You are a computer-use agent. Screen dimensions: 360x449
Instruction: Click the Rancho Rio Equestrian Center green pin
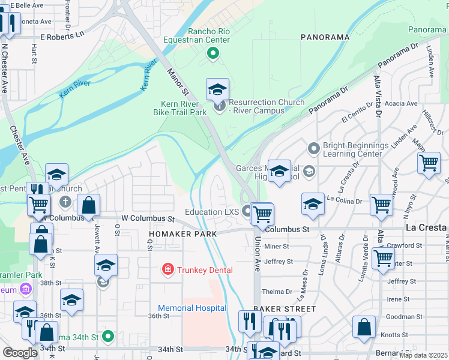pyautogui.click(x=212, y=53)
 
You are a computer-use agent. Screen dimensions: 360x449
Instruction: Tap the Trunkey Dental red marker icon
pyautogui.click(x=169, y=270)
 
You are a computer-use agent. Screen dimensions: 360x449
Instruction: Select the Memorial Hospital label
pyautogui.click(x=192, y=308)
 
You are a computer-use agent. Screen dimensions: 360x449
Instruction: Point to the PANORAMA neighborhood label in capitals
pyautogui.click(x=325, y=37)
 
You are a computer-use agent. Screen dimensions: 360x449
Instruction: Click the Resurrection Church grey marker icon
pyautogui.click(x=218, y=107)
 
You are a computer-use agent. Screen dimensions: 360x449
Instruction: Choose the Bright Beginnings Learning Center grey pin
pyautogui.click(x=313, y=148)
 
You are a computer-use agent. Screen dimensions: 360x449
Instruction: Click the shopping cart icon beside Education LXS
pyautogui.click(x=262, y=214)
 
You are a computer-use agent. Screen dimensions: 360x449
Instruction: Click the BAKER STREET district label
pyautogui.click(x=284, y=309)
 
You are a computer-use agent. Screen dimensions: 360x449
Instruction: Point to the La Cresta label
pyautogui.click(x=426, y=228)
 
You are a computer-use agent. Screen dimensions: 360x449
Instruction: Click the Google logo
pyautogui.click(x=20, y=352)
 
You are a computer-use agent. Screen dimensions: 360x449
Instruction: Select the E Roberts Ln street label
pyautogui.click(x=61, y=35)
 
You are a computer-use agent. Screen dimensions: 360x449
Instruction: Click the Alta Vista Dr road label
pyautogui.click(x=378, y=96)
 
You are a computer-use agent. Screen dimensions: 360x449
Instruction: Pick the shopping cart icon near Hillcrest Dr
pyautogui.click(x=429, y=163)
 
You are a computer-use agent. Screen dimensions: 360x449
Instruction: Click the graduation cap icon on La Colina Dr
pyautogui.click(x=313, y=204)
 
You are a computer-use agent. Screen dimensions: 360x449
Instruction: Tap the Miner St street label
pyautogui.click(x=277, y=246)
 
